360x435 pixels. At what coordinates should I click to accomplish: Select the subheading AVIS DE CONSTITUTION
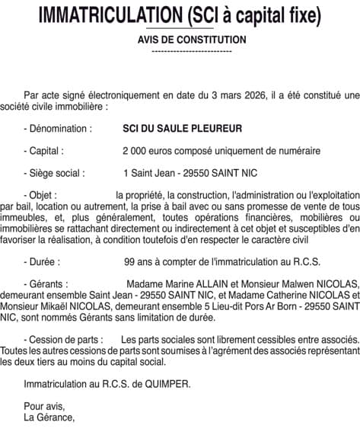192,39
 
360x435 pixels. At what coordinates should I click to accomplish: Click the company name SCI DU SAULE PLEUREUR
172,130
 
